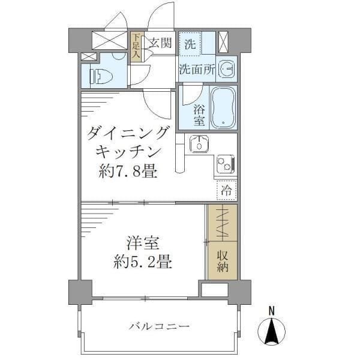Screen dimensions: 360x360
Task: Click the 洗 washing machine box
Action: (x=190, y=43)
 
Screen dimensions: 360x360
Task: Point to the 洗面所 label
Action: (x=196, y=69)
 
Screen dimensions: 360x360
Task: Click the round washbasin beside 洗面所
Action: (x=227, y=69)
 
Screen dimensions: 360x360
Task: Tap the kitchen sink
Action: (x=197, y=144)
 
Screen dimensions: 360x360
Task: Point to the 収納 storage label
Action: (x=223, y=259)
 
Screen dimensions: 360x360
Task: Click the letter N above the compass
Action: (x=272, y=310)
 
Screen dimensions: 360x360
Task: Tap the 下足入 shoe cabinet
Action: (x=136, y=47)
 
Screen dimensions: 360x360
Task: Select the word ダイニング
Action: (x=128, y=133)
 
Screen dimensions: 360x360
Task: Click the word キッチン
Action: (x=128, y=153)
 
